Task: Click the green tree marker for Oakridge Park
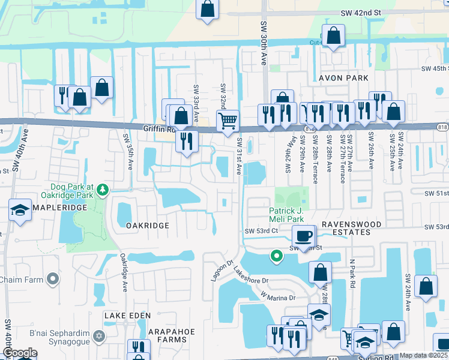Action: [x=103, y=190]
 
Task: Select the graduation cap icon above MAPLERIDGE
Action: [x=20, y=210]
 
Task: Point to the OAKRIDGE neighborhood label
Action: [x=148, y=225]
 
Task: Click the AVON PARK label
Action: [x=343, y=78]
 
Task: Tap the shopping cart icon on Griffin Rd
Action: [x=228, y=121]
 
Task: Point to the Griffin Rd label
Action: [x=158, y=128]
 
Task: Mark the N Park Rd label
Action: [x=352, y=274]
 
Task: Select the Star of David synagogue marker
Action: [x=100, y=335]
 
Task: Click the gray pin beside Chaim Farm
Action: [x=53, y=279]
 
